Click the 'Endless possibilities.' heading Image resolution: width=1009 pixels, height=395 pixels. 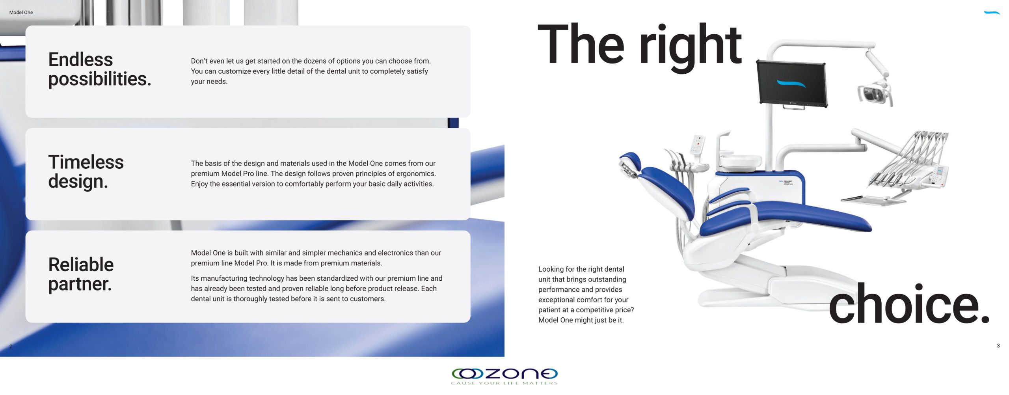tap(100, 69)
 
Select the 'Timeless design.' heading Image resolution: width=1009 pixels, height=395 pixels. tap(86, 172)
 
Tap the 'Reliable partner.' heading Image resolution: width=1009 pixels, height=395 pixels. tap(81, 274)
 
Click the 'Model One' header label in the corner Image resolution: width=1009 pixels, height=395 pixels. tap(21, 13)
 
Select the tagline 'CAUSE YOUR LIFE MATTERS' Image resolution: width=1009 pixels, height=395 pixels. tap(504, 383)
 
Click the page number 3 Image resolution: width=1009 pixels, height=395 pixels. tap(998, 346)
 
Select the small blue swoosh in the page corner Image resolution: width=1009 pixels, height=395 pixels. tap(992, 13)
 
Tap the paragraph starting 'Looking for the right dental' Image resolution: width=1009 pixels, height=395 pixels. tap(586, 294)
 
